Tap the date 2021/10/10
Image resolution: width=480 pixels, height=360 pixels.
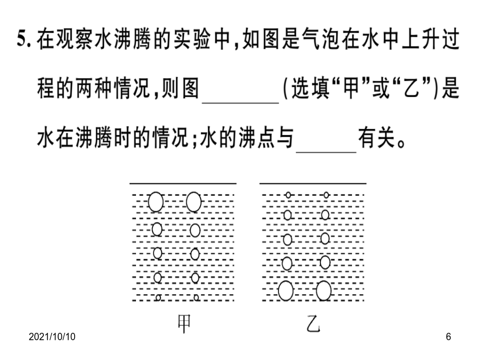pos(52,337)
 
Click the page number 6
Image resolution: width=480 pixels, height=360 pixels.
pos(448,337)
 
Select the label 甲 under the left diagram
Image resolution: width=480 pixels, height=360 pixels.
pos(185,324)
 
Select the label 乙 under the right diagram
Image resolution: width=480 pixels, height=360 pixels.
pos(313,324)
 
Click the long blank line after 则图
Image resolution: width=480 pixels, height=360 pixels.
pos(241,103)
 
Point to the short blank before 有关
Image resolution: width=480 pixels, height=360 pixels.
pos(326,151)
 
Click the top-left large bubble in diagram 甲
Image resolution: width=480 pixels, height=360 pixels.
pos(156,202)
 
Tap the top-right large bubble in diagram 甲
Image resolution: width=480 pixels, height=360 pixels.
pos(194,202)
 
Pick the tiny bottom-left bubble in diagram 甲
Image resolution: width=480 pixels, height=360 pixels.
pos(158,297)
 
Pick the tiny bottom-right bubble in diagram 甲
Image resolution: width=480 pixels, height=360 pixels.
pos(196,297)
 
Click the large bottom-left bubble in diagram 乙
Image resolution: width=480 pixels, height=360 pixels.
pos(286,291)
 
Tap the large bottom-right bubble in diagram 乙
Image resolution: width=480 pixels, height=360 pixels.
pos(324,291)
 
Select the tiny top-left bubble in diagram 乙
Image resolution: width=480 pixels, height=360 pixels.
pos(288,195)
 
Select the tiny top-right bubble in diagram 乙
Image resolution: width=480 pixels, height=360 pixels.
pos(326,195)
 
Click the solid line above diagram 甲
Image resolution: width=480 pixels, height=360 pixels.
pos(183,183)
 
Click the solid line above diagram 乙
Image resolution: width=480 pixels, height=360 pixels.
pos(313,183)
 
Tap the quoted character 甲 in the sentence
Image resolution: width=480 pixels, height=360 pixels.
pos(351,88)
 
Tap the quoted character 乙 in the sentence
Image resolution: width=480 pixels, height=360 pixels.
pos(411,88)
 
